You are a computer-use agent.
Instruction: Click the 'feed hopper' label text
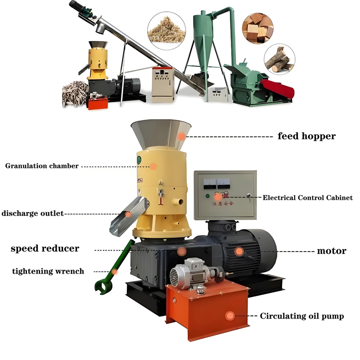(x=306, y=136)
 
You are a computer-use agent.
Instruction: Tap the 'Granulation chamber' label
(x=42, y=166)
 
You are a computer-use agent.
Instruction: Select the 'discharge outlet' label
(x=32, y=213)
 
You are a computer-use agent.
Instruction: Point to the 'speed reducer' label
(x=45, y=248)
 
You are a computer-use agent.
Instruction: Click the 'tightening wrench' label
(x=48, y=271)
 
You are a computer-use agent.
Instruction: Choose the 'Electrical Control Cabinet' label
(x=308, y=198)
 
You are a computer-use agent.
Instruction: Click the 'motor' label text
(x=332, y=251)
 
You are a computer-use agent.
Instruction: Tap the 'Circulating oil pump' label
(x=302, y=316)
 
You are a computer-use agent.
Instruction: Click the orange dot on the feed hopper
(x=181, y=136)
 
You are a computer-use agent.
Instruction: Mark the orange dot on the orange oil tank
(x=230, y=316)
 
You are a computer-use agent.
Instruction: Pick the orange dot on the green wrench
(x=115, y=271)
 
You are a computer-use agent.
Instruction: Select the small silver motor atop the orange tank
(x=187, y=273)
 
